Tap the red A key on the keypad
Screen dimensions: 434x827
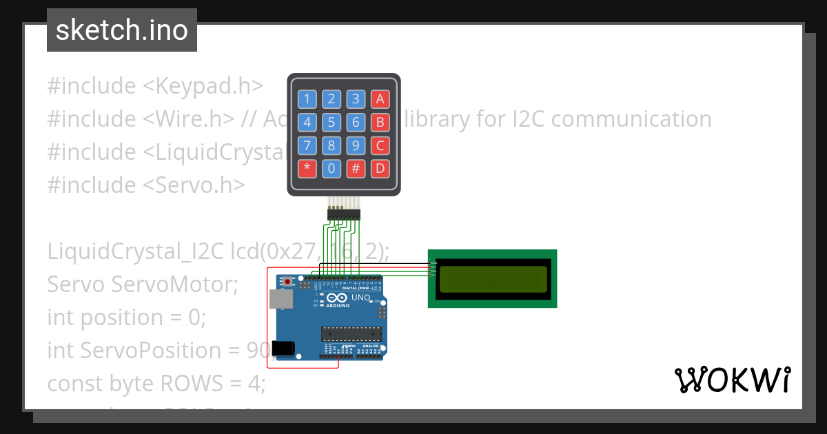click(x=379, y=99)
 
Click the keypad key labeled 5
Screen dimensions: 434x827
click(x=331, y=123)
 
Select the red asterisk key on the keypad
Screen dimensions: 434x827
click(x=307, y=168)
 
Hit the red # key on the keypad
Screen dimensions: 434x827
click(x=356, y=168)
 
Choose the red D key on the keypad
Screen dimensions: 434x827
click(x=379, y=168)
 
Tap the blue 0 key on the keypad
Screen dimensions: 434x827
click(x=331, y=168)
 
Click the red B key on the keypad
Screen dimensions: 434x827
click(x=379, y=123)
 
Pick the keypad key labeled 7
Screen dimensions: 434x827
click(x=307, y=145)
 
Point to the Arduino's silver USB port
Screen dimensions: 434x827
click(x=279, y=299)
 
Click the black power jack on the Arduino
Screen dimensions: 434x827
click(x=283, y=349)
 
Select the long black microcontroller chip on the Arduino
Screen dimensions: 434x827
click(x=351, y=333)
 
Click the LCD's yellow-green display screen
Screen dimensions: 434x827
click(x=493, y=278)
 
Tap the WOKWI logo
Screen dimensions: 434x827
click(x=733, y=380)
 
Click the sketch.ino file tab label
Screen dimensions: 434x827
click(x=122, y=30)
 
